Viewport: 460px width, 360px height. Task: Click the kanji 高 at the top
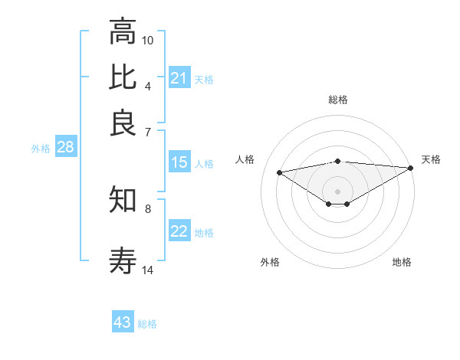(123, 33)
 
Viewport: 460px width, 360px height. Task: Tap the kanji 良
(123, 122)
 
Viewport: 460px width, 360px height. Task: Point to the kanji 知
(123, 201)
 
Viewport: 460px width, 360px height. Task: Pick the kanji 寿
(123, 262)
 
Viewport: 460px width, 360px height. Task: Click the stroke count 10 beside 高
(148, 40)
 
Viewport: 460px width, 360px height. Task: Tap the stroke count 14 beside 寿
(148, 270)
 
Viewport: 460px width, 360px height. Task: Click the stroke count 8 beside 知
(148, 208)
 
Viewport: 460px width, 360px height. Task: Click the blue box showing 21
(179, 78)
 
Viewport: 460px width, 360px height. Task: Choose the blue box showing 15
(179, 162)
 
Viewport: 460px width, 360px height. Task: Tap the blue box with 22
(179, 232)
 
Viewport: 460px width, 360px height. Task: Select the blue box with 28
(65, 148)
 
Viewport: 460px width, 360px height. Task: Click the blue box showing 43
(123, 322)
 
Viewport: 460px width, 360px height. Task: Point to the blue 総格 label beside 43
(147, 324)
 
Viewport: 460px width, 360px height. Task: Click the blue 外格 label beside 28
(41, 149)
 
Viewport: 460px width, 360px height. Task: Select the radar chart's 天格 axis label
(431, 159)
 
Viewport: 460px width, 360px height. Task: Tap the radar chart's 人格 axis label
(245, 159)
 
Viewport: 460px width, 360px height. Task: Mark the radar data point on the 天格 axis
(411, 168)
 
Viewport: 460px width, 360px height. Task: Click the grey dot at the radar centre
(337, 191)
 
